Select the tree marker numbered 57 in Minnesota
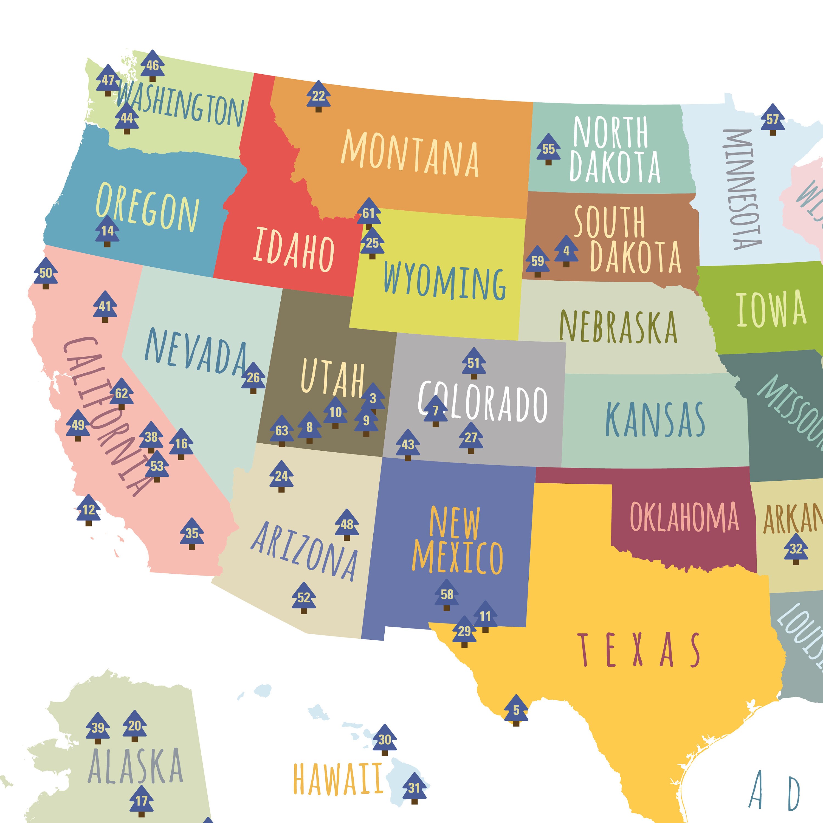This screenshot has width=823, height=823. tap(772, 119)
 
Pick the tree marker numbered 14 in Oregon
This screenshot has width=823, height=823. tap(107, 231)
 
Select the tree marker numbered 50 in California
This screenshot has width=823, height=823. tap(46, 273)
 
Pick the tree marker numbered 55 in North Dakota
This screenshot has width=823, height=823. tap(548, 149)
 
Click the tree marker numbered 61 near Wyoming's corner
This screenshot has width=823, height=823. tap(368, 213)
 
